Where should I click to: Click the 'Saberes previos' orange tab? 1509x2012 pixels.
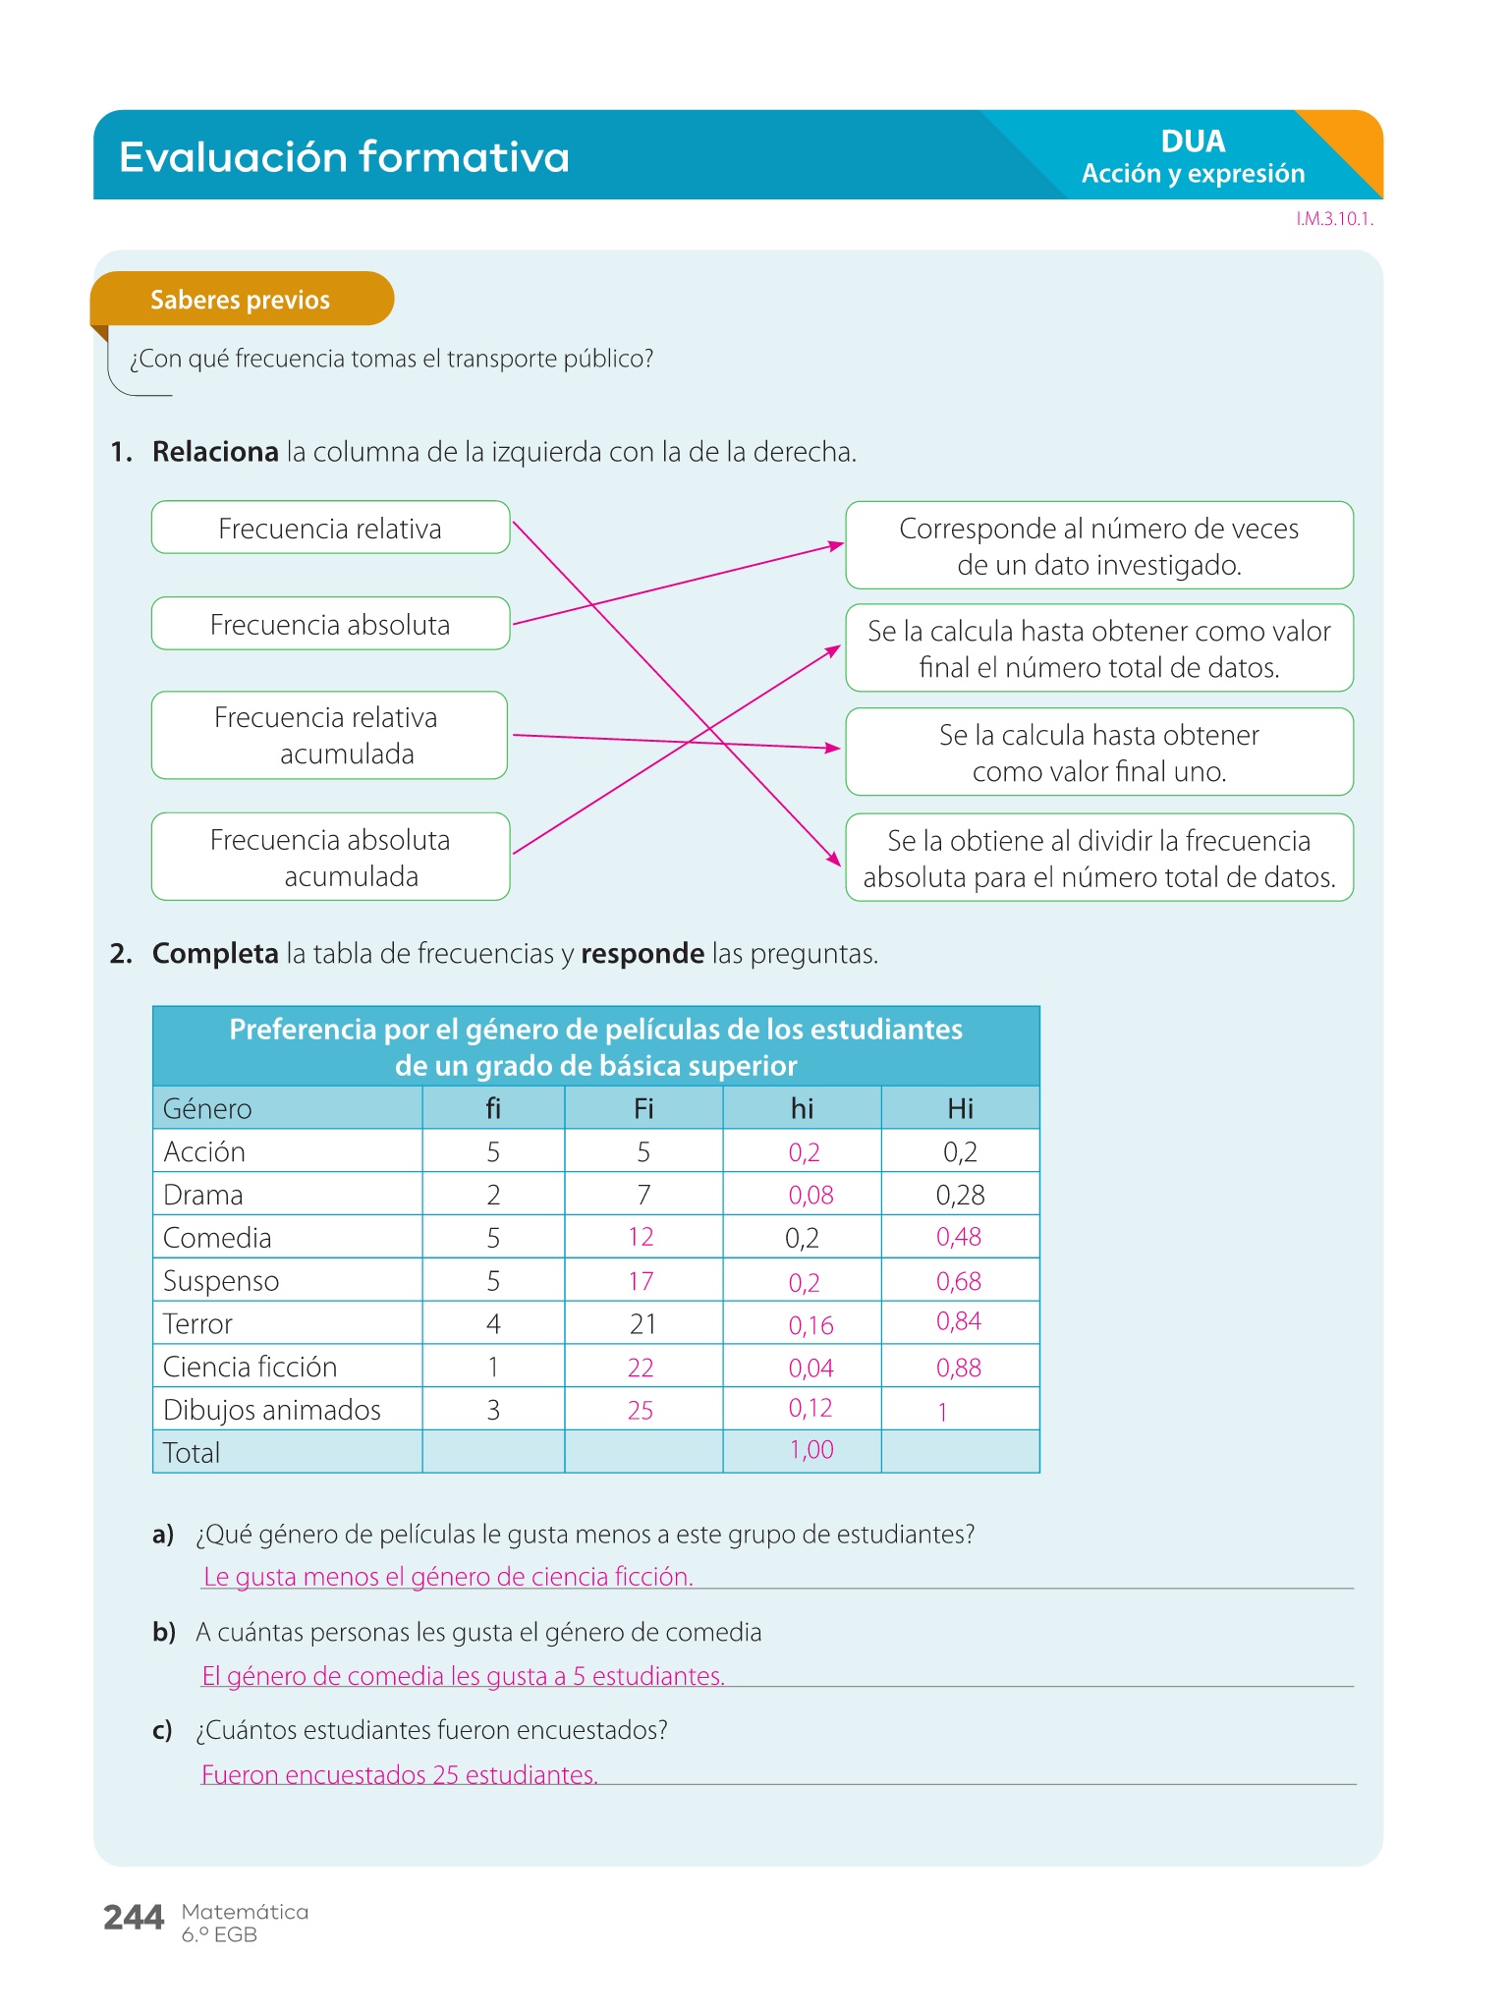pos(241,300)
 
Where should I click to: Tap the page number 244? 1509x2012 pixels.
pos(134,1917)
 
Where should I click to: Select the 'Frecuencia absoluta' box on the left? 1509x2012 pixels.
pos(330,624)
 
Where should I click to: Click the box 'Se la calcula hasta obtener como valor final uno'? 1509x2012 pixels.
pos(1098,753)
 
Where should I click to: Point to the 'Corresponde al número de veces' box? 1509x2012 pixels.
pos(1098,546)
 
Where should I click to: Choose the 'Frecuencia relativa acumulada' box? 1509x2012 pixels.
pos(329,736)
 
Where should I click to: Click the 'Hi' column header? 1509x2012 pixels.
pos(960,1108)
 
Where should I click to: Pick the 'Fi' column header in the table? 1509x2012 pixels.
pos(643,1108)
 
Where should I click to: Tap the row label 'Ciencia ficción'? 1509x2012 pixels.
pos(251,1367)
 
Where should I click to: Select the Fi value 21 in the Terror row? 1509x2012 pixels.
pos(643,1324)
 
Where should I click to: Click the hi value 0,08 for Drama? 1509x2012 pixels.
pos(810,1195)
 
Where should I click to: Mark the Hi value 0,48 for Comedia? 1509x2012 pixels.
pos(958,1237)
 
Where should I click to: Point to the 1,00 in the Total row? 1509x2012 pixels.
pos(811,1450)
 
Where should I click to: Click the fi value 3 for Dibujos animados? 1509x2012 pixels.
pos(493,1410)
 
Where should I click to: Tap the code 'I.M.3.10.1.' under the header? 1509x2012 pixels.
pos(1334,219)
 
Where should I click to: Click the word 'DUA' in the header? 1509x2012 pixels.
pos(1193,141)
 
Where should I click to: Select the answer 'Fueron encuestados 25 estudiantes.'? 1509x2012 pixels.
pos(400,1774)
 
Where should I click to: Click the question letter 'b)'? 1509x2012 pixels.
pos(164,1632)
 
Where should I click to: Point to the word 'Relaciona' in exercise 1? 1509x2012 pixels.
pos(215,452)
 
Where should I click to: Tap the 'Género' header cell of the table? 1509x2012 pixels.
pos(207,1108)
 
